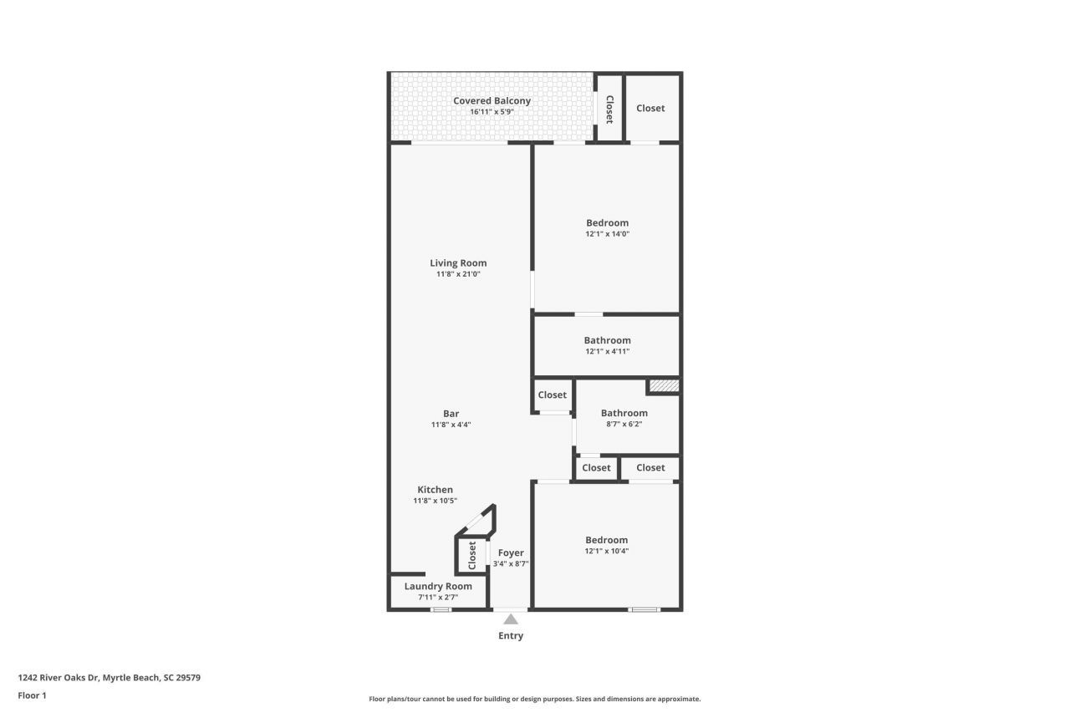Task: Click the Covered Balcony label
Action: pos(492,101)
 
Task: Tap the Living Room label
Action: pos(458,263)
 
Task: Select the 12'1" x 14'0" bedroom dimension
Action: pos(607,234)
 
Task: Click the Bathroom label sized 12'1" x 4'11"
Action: pos(607,340)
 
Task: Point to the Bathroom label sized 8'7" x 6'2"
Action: pos(624,413)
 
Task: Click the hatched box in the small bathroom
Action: pos(664,386)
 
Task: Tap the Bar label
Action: pos(451,414)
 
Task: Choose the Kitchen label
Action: pos(435,490)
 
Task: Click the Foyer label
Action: pos(511,553)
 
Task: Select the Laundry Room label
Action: pos(438,586)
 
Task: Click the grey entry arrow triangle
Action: pos(511,619)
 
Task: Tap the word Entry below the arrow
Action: pos(511,636)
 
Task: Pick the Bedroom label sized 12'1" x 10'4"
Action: pos(606,540)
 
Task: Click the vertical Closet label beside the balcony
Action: pos(609,109)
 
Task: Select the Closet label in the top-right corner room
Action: pos(650,108)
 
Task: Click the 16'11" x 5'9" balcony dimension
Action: pos(492,112)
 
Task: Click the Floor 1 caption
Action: pos(33,695)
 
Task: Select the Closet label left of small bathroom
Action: pos(552,395)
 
